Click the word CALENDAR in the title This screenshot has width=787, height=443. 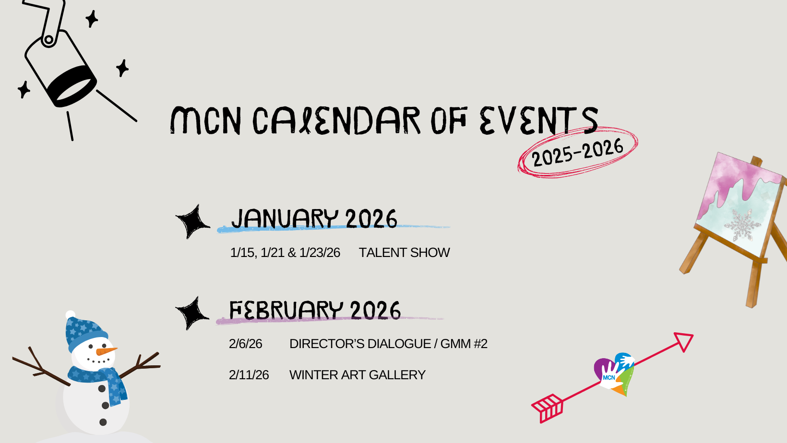coord(336,121)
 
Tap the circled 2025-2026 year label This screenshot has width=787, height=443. coord(578,152)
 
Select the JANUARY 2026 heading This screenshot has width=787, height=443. coord(314,218)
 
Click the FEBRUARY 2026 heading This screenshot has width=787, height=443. coord(315,310)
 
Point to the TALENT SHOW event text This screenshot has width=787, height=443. coord(404,253)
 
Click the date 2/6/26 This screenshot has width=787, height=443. coord(245,344)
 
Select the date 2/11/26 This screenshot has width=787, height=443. coord(249,375)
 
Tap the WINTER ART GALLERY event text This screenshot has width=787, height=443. coord(358,375)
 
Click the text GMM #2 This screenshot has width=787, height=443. coord(464,344)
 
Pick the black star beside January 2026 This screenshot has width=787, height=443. coord(192,222)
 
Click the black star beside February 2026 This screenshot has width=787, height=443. coord(192,314)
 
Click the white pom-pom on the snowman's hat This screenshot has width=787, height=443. coord(70,315)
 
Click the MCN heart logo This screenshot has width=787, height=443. coord(615,374)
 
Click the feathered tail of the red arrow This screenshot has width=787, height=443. coord(548,408)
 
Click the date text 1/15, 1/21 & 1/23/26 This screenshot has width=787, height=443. coord(285,253)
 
